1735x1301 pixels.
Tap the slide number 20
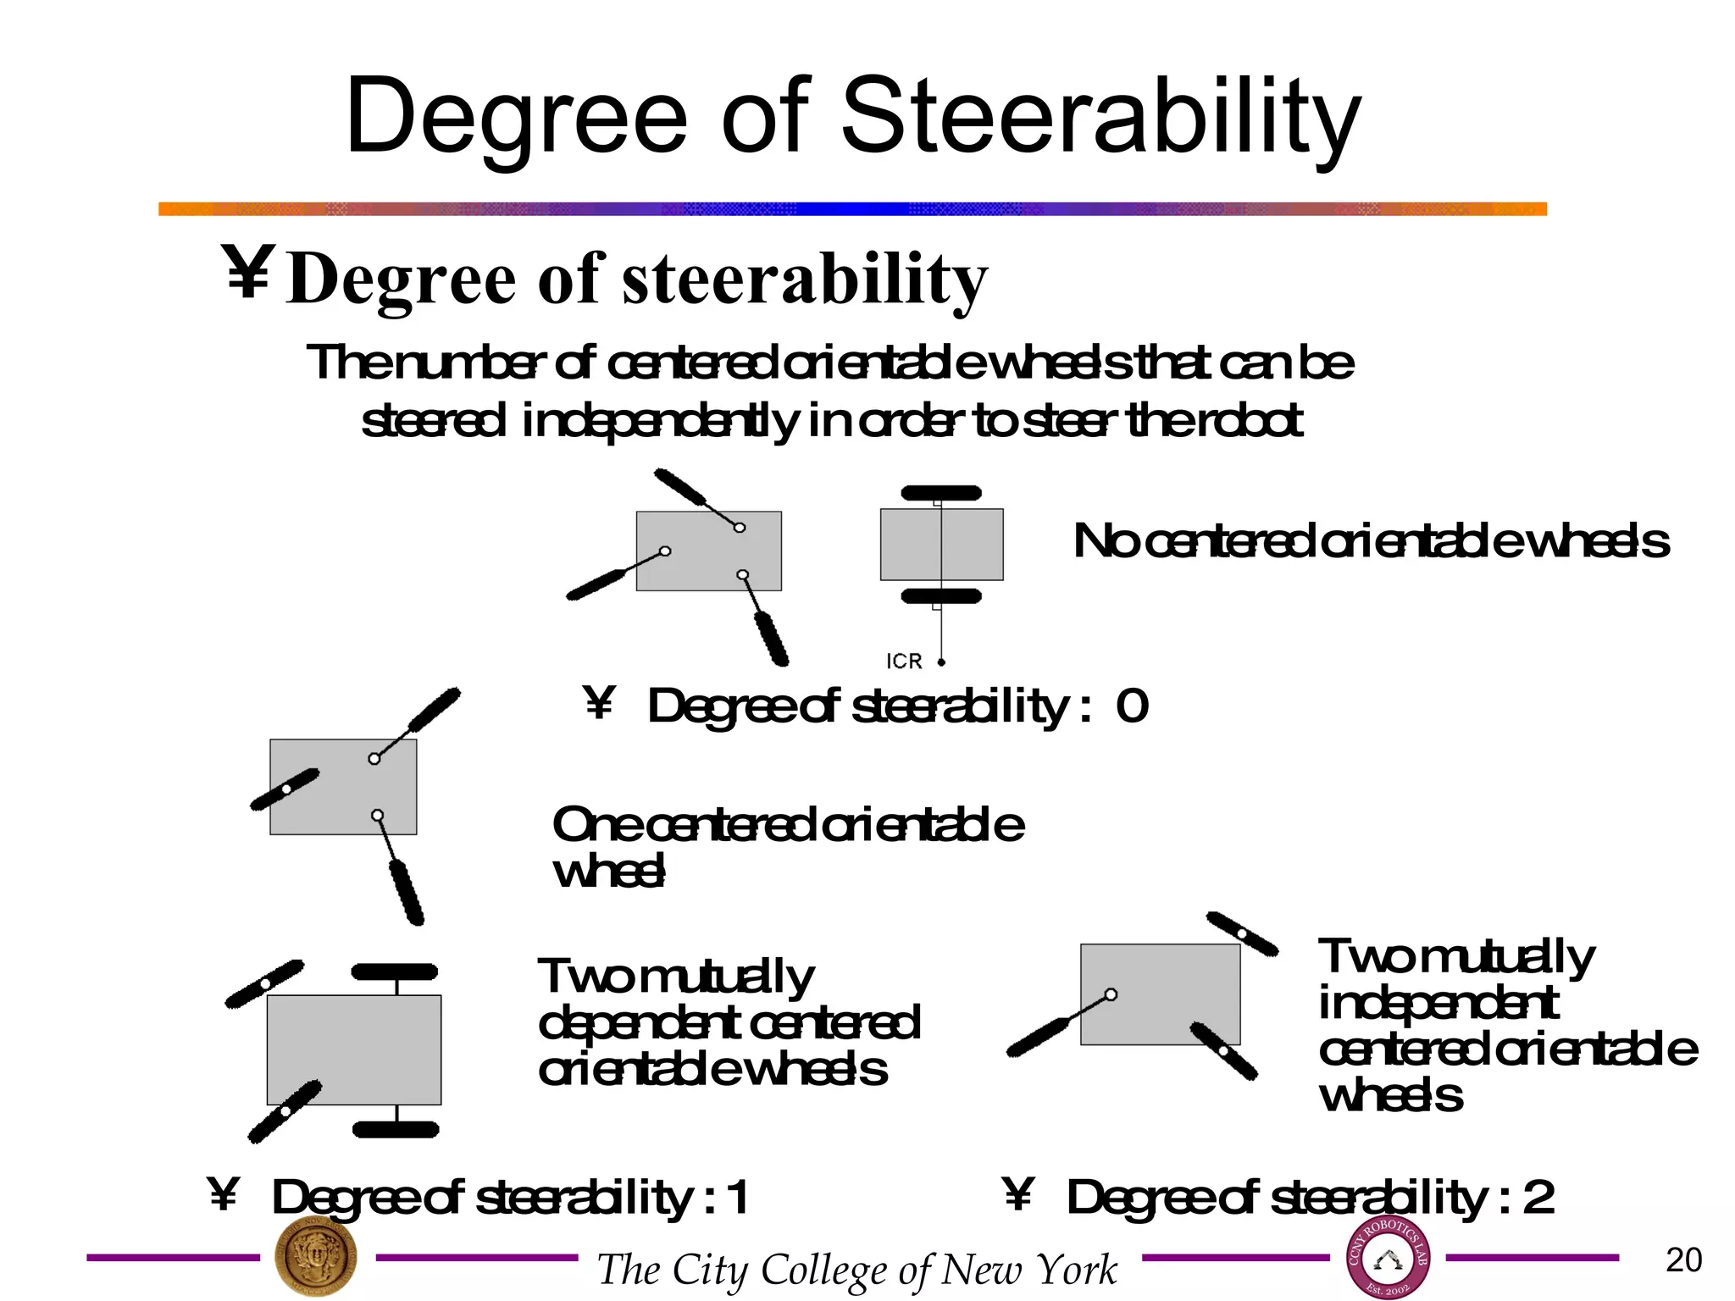pos(1683,1260)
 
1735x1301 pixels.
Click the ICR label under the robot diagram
pos(903,662)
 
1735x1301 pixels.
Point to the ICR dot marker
pos(941,662)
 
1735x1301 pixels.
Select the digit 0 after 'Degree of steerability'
pos(1132,706)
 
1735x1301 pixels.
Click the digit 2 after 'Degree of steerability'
pos(1538,1198)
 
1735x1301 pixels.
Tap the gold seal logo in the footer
pos(316,1259)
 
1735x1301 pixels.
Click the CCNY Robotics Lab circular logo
pos(1388,1259)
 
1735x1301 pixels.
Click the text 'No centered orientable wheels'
pos(1371,542)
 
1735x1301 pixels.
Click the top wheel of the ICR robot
pos(940,493)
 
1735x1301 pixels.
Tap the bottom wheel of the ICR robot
pos(940,596)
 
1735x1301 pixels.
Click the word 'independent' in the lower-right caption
pos(1438,1004)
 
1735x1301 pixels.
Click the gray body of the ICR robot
pos(911,545)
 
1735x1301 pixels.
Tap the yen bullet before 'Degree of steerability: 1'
pos(223,1194)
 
